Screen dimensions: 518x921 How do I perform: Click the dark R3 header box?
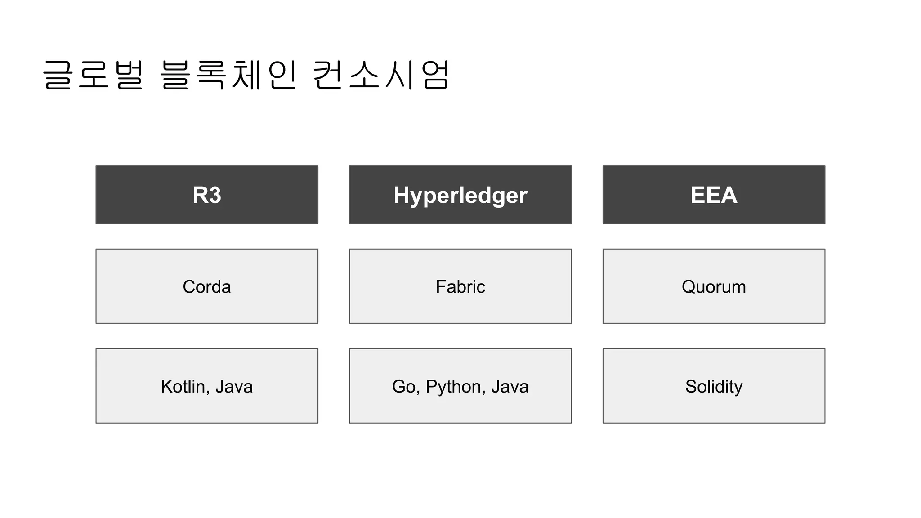tap(207, 195)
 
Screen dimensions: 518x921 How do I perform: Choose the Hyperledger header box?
tap(460, 195)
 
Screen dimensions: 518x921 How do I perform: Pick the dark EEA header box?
tap(714, 195)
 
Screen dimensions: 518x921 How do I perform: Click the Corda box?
tap(207, 286)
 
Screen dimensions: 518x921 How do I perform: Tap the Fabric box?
tap(460, 286)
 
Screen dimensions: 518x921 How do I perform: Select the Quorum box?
tap(714, 286)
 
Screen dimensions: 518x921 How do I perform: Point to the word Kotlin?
tap(183, 387)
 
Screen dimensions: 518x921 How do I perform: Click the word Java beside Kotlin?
tap(234, 387)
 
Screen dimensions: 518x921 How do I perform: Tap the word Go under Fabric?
tap(403, 387)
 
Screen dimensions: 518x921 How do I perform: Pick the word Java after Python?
tap(510, 387)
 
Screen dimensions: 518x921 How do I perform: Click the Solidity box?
tap(714, 386)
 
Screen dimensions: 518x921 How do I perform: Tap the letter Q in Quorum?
tap(689, 287)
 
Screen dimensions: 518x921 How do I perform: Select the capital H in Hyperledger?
tap(402, 195)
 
